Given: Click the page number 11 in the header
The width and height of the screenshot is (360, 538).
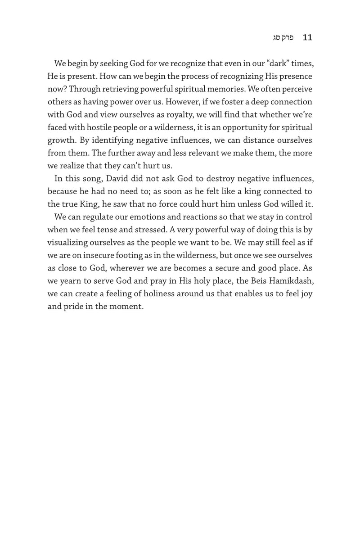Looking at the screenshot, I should point(307,38).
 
